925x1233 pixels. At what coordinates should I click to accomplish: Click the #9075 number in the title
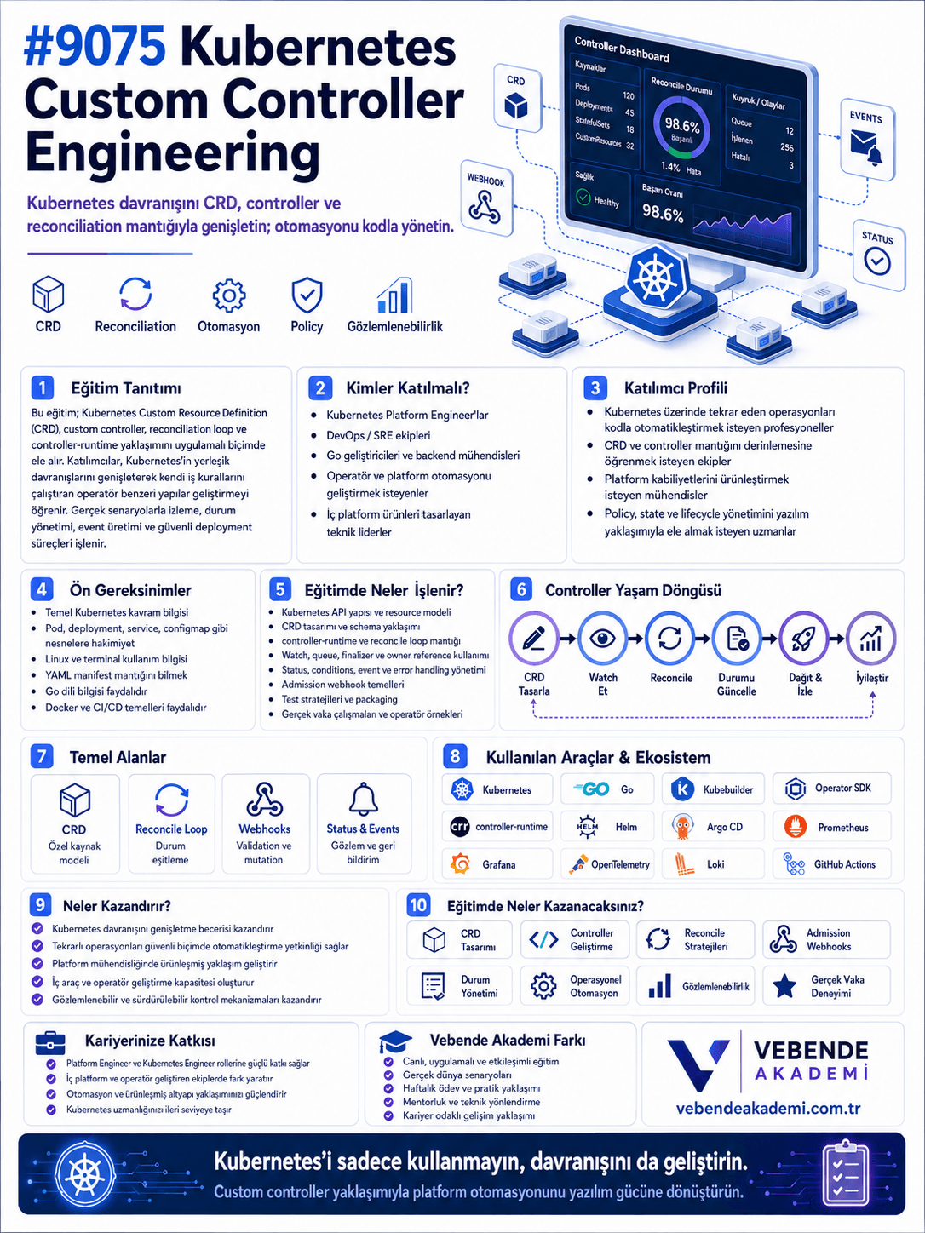[x=95, y=49]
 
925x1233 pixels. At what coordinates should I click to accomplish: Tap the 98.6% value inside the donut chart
[x=681, y=125]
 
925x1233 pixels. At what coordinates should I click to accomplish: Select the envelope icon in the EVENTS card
[x=863, y=143]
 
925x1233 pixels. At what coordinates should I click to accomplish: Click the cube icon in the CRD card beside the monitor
[x=515, y=106]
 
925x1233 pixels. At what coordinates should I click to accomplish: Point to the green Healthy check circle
[x=583, y=198]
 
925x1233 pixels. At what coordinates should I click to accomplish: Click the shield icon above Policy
[x=307, y=295]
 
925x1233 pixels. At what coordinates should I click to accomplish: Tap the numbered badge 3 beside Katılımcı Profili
[x=595, y=387]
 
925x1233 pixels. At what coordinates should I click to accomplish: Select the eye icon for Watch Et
[x=602, y=638]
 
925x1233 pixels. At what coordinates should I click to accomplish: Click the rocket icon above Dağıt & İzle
[x=804, y=639]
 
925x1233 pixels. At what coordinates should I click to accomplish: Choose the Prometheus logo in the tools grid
[x=796, y=826]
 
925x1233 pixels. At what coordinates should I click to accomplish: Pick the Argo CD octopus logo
[x=682, y=826]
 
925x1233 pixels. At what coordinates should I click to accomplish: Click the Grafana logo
[x=461, y=864]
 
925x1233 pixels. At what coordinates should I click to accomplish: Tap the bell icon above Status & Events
[x=364, y=799]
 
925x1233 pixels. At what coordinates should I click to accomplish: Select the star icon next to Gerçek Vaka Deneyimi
[x=784, y=986]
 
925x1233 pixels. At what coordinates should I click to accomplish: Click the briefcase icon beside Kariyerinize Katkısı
[x=50, y=1042]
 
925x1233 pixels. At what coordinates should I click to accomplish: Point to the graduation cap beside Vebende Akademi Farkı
[x=395, y=1041]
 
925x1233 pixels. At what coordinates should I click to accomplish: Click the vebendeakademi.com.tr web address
[x=767, y=1108]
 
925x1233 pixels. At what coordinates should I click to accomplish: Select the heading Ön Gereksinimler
[x=130, y=590]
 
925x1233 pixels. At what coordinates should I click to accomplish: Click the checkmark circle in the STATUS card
[x=876, y=261]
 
